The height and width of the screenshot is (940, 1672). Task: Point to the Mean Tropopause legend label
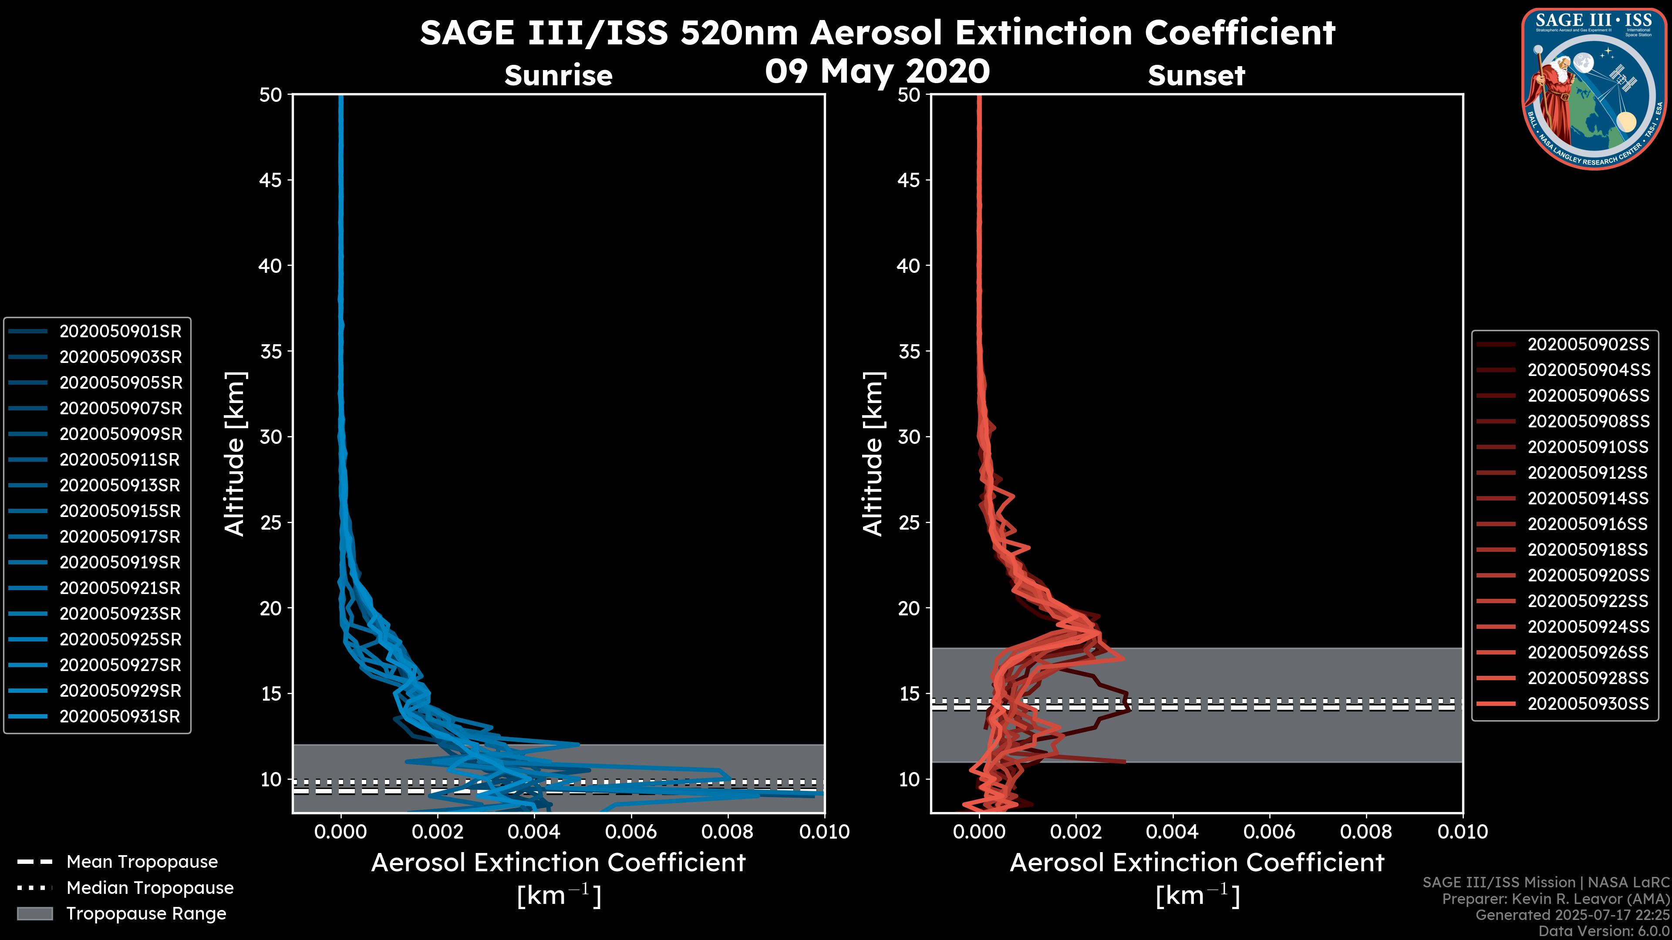click(142, 862)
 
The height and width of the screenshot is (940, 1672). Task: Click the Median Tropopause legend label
click(150, 888)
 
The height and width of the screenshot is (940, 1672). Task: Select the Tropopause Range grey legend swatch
click(34, 914)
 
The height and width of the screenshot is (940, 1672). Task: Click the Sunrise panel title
click(558, 76)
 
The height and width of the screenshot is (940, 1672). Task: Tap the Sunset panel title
click(1196, 76)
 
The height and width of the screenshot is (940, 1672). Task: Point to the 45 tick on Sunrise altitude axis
click(271, 180)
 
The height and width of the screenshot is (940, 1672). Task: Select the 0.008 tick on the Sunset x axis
click(1366, 832)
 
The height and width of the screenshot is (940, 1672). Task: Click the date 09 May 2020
click(877, 71)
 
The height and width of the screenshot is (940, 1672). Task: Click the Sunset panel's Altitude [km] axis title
click(873, 454)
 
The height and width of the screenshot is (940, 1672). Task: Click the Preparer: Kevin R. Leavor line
click(1555, 899)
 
